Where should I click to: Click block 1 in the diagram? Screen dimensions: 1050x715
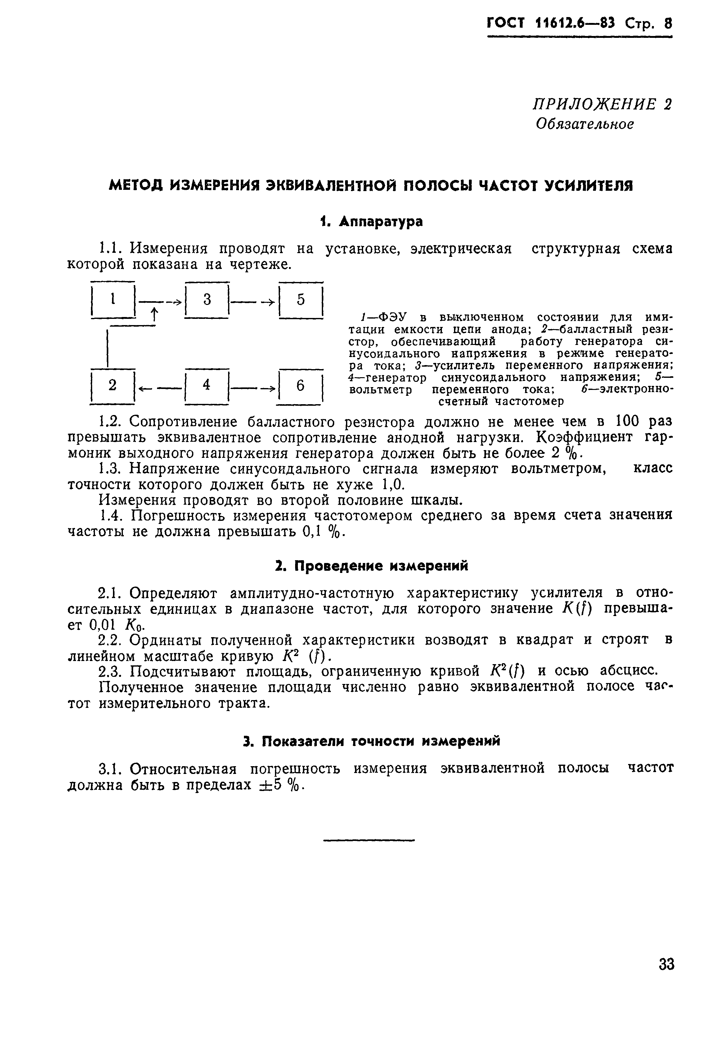113,300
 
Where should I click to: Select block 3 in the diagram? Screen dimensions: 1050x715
207,300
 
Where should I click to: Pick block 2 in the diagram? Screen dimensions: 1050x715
113,385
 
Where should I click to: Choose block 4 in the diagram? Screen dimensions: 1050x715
207,385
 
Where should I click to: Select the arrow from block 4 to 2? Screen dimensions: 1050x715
160,387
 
